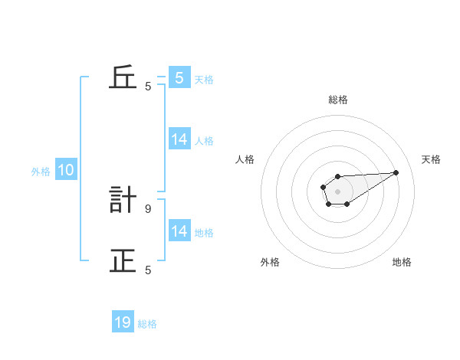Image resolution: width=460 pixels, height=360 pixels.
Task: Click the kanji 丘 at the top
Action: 123,78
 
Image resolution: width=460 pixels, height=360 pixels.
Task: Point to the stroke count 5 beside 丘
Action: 148,87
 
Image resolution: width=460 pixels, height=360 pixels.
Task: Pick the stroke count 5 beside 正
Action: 148,270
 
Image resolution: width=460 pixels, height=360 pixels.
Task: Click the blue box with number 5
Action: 179,77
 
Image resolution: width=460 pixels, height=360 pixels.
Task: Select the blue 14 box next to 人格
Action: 179,139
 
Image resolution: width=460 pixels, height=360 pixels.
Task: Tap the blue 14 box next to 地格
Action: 179,231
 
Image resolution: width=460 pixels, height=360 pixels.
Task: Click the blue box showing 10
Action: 66,170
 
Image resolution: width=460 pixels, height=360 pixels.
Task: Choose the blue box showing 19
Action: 123,322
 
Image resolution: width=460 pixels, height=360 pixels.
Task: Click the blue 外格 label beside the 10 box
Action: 41,172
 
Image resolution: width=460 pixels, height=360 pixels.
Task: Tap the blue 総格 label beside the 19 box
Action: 147,324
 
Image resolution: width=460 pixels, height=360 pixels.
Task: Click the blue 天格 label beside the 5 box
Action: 204,79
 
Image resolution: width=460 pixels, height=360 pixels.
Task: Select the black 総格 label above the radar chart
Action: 337,100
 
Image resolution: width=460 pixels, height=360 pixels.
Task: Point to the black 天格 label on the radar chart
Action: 431,159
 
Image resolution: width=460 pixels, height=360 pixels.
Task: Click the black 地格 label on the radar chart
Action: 402,262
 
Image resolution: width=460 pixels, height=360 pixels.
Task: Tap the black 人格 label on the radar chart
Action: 245,159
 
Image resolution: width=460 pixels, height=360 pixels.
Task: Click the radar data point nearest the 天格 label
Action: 396,172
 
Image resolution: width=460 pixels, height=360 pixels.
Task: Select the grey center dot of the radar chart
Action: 337,191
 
